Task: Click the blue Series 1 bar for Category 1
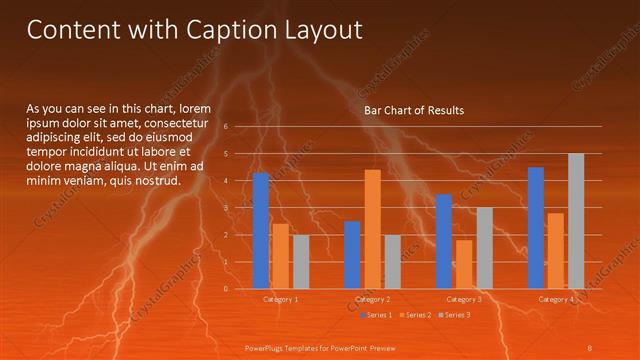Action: coord(261,231)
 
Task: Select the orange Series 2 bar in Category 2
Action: coord(372,229)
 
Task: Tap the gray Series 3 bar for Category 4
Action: coord(576,221)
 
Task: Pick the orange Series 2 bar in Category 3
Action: coord(464,264)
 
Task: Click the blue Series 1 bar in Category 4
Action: coord(536,228)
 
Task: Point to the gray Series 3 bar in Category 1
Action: coord(301,262)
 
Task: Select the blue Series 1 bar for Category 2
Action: coord(352,255)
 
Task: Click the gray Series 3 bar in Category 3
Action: coord(484,248)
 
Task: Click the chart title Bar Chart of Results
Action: coord(413,110)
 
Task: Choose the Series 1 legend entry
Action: coord(375,315)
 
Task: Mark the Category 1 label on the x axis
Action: coord(280,299)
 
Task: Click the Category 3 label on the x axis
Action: coord(464,299)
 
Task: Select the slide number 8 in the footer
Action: coord(590,347)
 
